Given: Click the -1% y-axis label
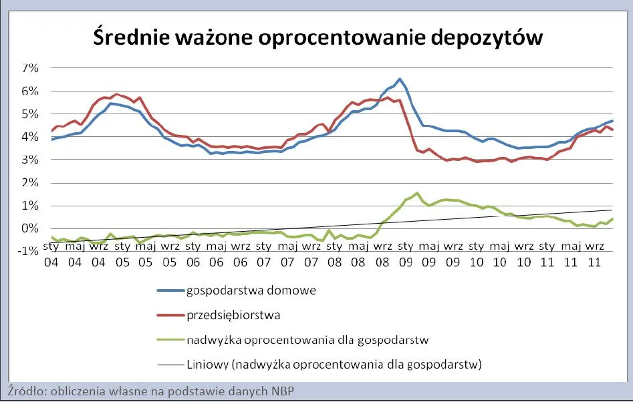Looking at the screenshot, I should (x=29, y=251).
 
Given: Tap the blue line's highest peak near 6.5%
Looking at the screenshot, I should (x=399, y=79).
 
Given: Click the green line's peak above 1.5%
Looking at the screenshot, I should (x=417, y=193).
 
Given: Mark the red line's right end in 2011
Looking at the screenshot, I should (x=612, y=130).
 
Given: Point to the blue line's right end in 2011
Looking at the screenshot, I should (x=612, y=121).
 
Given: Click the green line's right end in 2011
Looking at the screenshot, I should (x=612, y=219).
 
